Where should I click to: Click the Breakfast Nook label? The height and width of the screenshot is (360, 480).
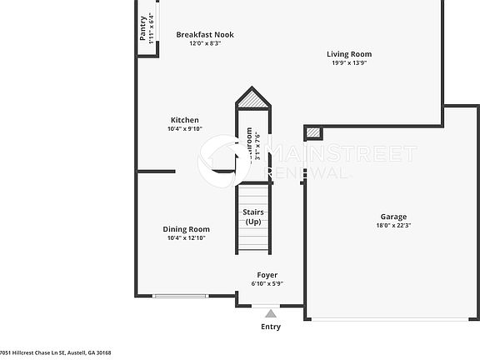pyautogui.click(x=205, y=34)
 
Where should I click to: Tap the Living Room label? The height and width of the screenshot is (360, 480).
pyautogui.click(x=348, y=54)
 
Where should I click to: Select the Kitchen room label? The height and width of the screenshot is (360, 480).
pyautogui.click(x=184, y=120)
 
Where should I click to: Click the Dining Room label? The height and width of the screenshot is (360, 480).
pyautogui.click(x=186, y=229)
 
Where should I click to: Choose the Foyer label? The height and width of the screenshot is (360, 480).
pyautogui.click(x=267, y=275)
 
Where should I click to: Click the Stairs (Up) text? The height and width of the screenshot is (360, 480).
pyautogui.click(x=253, y=217)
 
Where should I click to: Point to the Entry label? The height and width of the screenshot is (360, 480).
pyautogui.click(x=271, y=327)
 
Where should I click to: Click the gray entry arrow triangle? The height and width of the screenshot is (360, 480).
pyautogui.click(x=271, y=313)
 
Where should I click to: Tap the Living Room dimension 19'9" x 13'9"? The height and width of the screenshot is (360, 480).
pyautogui.click(x=348, y=63)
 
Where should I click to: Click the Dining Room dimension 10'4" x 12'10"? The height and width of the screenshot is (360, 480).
pyautogui.click(x=186, y=238)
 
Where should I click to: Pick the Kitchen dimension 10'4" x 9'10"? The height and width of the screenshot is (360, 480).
pyautogui.click(x=184, y=129)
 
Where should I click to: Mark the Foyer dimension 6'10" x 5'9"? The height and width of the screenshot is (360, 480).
pyautogui.click(x=267, y=284)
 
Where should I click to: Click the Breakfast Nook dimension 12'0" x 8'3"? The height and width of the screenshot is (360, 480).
pyautogui.click(x=205, y=43)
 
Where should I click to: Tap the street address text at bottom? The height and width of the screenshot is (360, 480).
pyautogui.click(x=56, y=353)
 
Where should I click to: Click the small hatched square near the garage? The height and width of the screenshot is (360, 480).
pyautogui.click(x=312, y=132)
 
